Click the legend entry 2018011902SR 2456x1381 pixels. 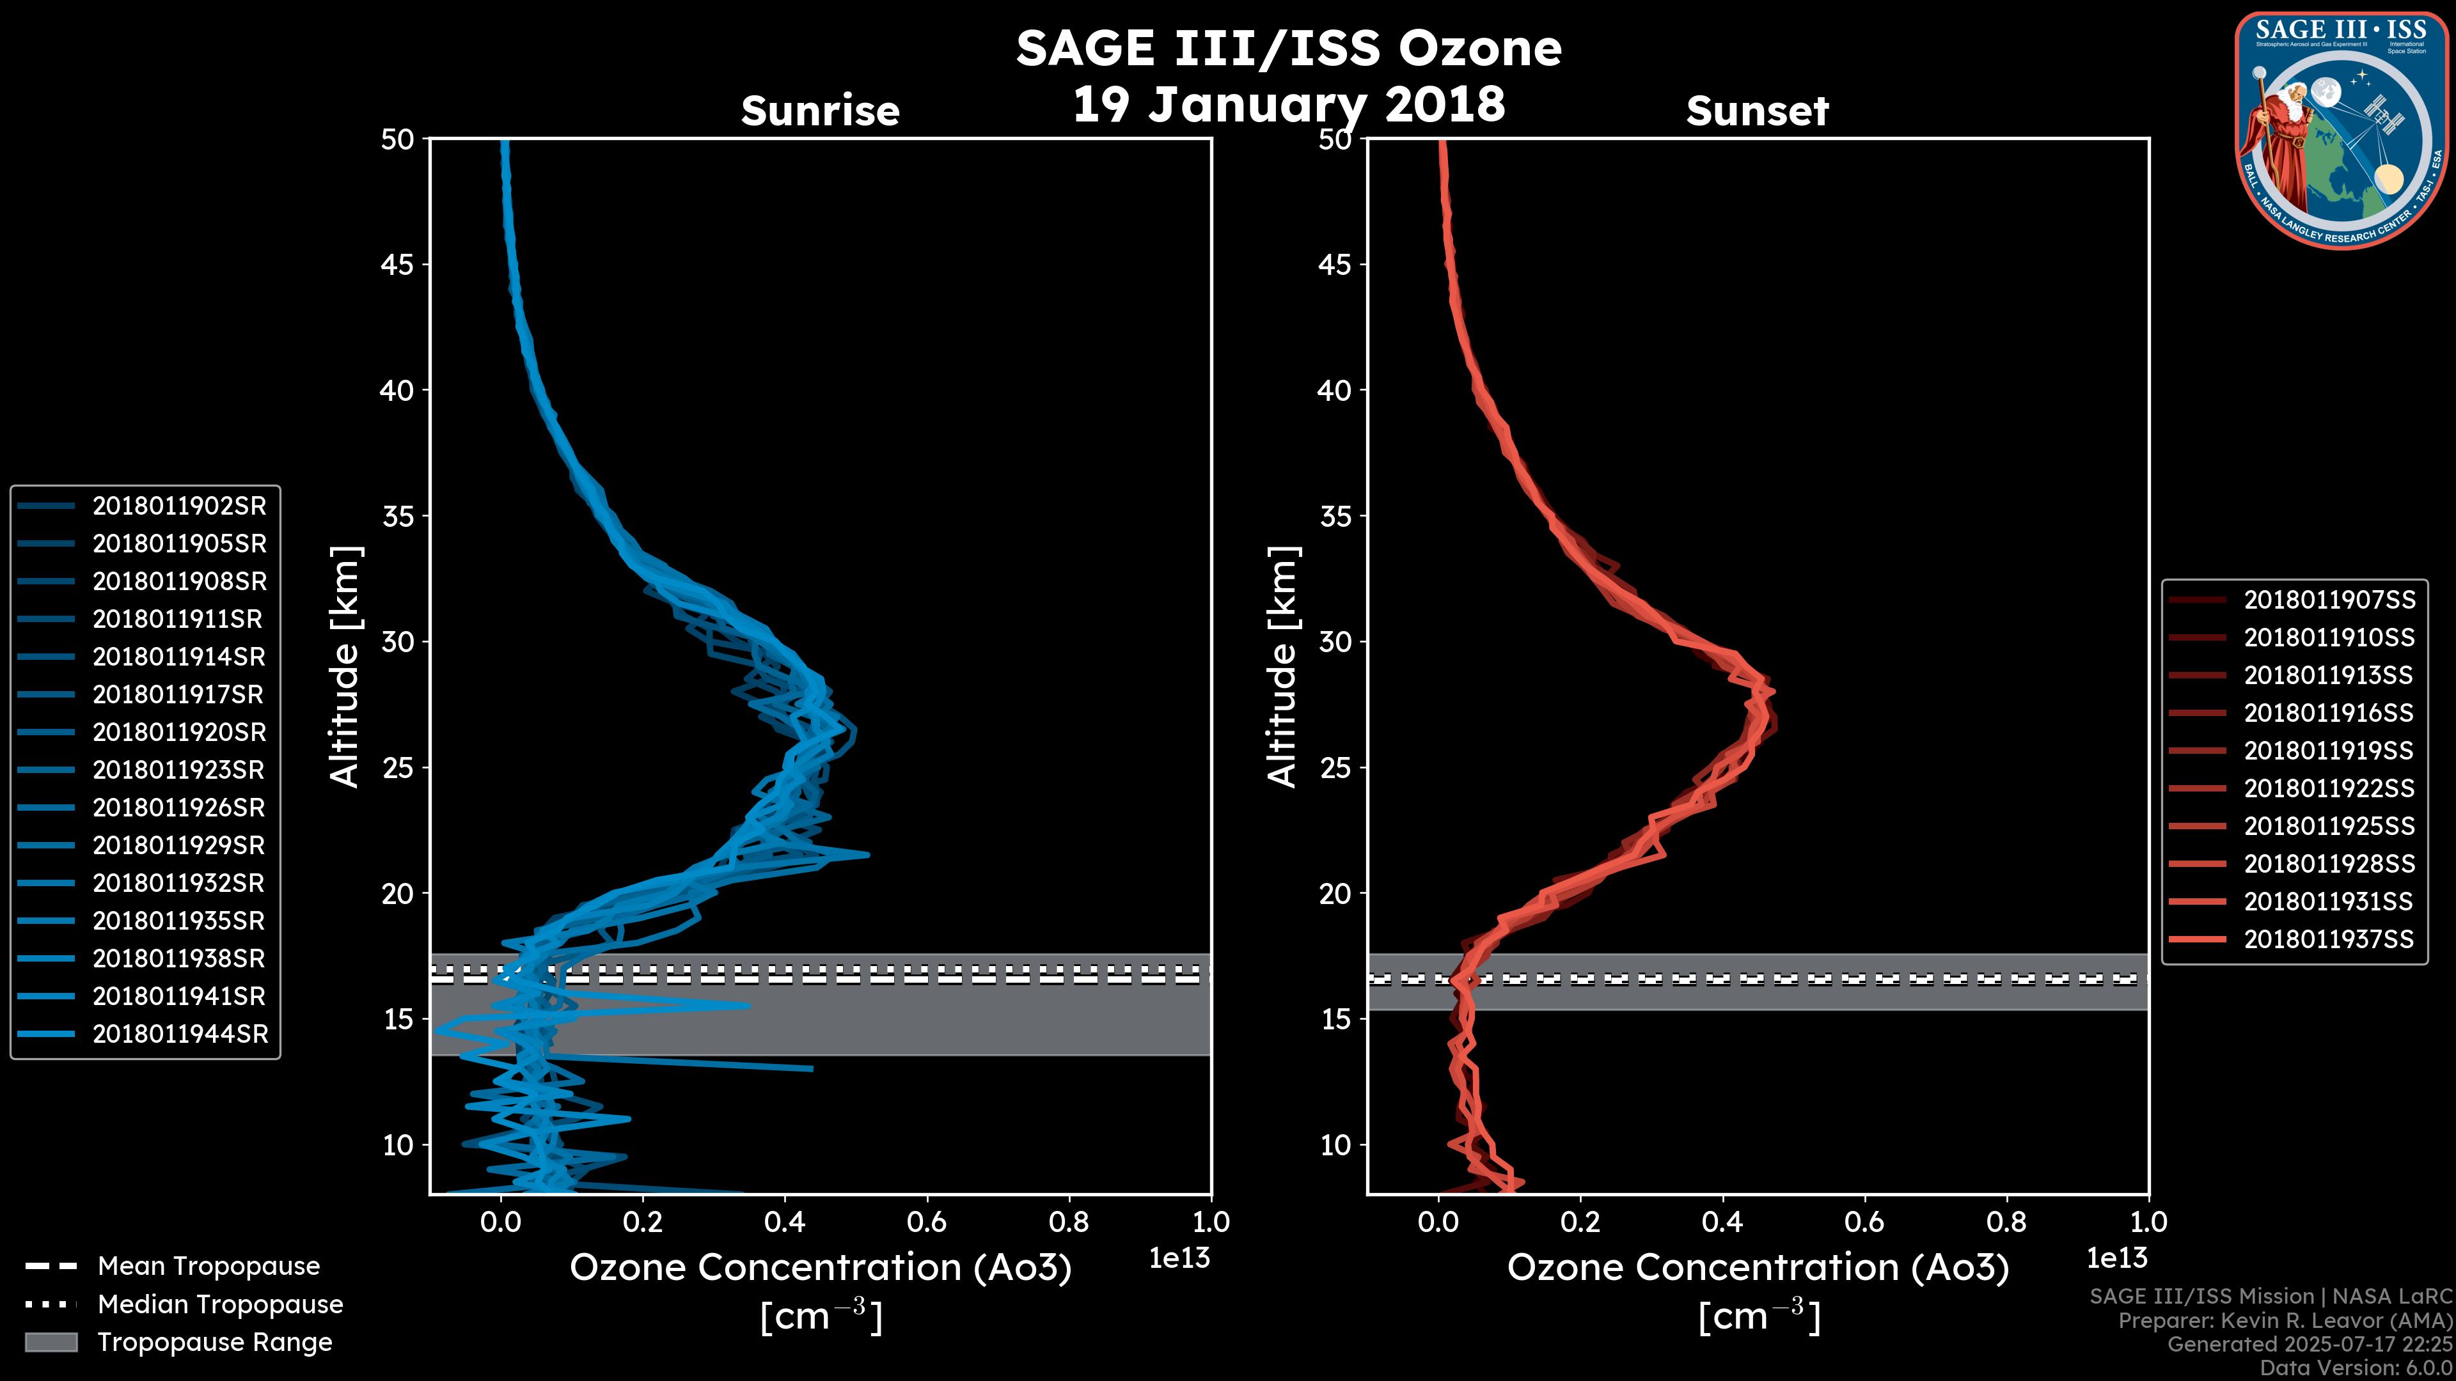[179, 506]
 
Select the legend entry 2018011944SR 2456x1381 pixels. [180, 1034]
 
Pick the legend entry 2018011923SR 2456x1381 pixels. [179, 770]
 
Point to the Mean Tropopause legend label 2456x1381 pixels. [209, 1267]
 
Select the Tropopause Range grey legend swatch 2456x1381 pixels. [51, 1342]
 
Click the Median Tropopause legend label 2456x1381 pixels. [220, 1305]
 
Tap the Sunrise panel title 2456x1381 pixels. [820, 111]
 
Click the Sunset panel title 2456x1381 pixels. [1757, 111]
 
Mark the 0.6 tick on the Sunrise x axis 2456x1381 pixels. [927, 1222]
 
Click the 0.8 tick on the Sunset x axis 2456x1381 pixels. [2006, 1222]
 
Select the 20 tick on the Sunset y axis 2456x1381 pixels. [1335, 894]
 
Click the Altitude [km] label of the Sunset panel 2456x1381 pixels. [1283, 666]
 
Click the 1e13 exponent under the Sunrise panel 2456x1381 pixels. [1179, 1258]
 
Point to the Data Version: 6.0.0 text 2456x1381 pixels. [2355, 1369]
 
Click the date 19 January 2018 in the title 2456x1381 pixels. [1289, 104]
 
